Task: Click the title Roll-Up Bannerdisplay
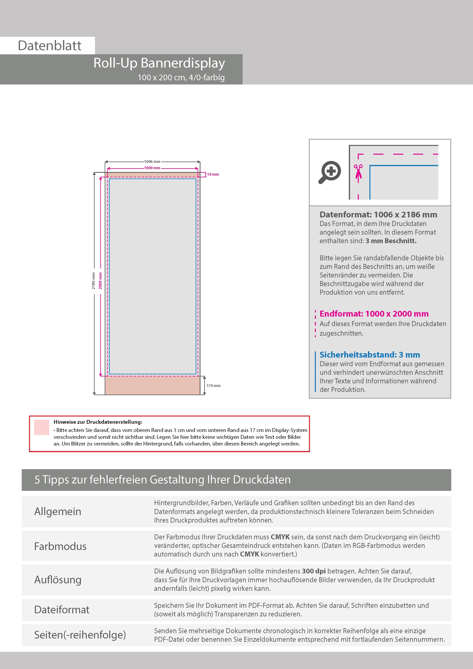click(159, 63)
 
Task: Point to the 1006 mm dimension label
click(152, 161)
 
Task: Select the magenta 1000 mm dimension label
click(152, 168)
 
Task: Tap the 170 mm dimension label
click(213, 385)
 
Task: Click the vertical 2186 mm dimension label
click(93, 281)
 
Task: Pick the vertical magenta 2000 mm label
click(100, 281)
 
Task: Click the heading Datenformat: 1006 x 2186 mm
click(378, 215)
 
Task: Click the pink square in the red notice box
click(42, 427)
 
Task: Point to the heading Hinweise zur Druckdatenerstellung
click(98, 422)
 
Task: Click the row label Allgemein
click(58, 511)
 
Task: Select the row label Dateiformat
click(62, 609)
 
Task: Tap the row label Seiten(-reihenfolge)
click(80, 635)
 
